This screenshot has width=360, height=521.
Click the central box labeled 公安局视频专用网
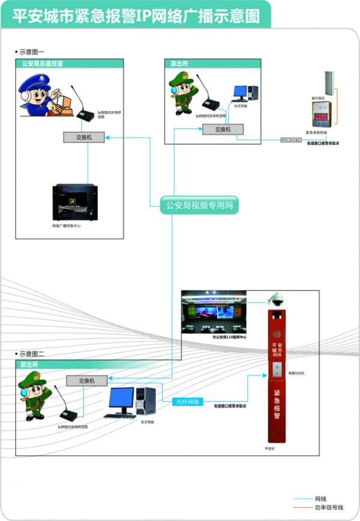click(199, 206)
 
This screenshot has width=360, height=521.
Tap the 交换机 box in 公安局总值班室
click(83, 137)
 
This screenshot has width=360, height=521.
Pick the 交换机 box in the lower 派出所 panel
click(86, 380)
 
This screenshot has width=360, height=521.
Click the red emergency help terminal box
click(320, 114)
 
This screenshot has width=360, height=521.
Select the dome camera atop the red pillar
click(277, 300)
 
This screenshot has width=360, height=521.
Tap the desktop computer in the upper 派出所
click(245, 94)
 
